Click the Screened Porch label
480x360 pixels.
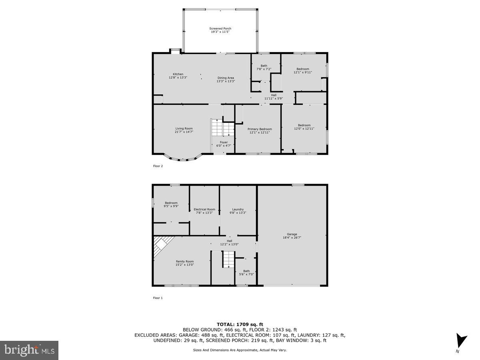pos(220,28)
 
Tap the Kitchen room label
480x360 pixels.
pos(178,74)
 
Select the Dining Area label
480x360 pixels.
pos(226,78)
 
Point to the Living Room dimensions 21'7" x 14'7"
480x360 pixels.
pos(184,132)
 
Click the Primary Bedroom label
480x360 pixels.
pos(260,129)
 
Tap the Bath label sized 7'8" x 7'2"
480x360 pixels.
pos(264,66)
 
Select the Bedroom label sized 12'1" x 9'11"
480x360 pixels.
pos(302,69)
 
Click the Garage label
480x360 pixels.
pos(292,234)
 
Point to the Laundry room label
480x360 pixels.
pos(238,210)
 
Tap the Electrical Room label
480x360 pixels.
pos(204,210)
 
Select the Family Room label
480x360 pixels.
pos(184,262)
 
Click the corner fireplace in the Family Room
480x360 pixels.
pos(162,244)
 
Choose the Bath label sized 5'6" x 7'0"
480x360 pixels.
pos(246,271)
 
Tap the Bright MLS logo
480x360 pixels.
pos(29,350)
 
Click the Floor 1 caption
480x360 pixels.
pos(158,298)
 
